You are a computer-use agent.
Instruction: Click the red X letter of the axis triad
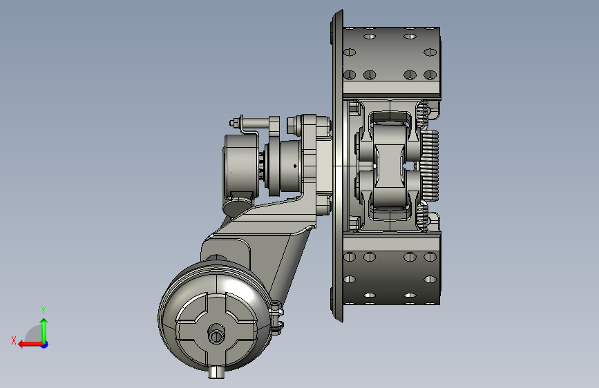point(14,340)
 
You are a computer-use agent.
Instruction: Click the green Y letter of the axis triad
point(44,310)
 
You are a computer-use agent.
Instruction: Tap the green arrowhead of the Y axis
point(44,322)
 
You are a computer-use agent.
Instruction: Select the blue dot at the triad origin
point(45,345)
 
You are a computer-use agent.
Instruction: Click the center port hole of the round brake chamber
point(216,336)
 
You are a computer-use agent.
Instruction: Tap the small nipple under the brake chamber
point(216,372)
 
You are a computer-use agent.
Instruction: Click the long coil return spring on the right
point(430,166)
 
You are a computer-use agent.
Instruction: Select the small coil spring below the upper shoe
point(422,113)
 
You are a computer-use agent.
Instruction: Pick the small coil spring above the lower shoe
point(421,217)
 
